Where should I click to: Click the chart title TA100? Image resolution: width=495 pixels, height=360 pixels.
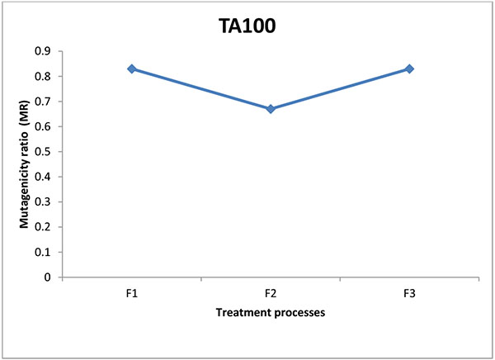[x=247, y=26]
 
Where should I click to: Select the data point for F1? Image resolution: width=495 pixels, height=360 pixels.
[x=132, y=69]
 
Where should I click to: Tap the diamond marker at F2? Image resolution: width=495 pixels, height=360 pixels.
[x=271, y=109]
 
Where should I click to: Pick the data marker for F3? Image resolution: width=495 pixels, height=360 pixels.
[x=409, y=69]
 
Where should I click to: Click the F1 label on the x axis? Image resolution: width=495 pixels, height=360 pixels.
[x=132, y=294]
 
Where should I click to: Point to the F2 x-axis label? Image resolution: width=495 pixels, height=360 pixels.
[x=271, y=294]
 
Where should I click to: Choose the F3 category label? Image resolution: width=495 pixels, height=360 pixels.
[x=409, y=294]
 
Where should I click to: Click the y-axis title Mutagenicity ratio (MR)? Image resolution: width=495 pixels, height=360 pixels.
[x=24, y=164]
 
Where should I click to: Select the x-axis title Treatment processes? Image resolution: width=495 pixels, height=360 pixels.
[x=271, y=313]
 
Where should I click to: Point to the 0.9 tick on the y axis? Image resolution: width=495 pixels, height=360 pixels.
[x=43, y=51]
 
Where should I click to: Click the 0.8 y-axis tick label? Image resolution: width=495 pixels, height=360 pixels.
[x=43, y=76]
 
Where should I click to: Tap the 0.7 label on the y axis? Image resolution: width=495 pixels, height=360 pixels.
[x=43, y=102]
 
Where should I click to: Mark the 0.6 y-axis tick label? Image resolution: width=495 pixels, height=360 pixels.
[x=43, y=126]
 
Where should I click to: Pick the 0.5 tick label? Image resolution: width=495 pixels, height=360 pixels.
[x=43, y=152]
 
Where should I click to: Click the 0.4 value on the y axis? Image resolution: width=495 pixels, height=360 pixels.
[x=43, y=177]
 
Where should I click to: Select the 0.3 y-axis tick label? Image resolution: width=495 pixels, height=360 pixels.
[x=43, y=202]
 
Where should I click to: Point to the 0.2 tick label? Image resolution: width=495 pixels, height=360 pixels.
[x=43, y=227]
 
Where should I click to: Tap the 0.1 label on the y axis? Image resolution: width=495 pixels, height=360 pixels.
[x=43, y=252]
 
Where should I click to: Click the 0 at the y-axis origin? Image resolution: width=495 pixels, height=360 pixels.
[x=47, y=277]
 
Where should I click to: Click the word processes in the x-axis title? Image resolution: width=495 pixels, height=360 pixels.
[x=299, y=313]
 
